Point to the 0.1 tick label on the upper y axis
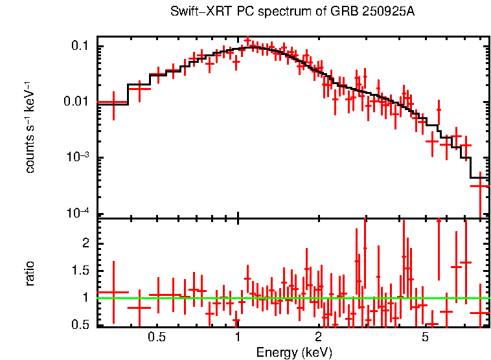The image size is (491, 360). coord(80,46)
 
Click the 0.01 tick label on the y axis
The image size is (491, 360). coord(77,102)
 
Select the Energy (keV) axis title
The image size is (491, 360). coord(294,352)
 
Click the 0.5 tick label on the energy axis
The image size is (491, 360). coord(156,337)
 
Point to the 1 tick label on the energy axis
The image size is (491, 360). coord(238,337)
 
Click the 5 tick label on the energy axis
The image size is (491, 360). coord(425,337)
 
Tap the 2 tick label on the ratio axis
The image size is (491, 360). coord(86,243)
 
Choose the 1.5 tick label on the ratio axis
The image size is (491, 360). coord(80,271)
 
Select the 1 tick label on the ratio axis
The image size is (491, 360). coord(86,298)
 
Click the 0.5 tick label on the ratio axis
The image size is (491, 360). coord(80,325)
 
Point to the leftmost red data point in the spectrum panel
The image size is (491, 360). coord(113,102)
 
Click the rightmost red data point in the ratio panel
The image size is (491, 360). coord(480,313)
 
